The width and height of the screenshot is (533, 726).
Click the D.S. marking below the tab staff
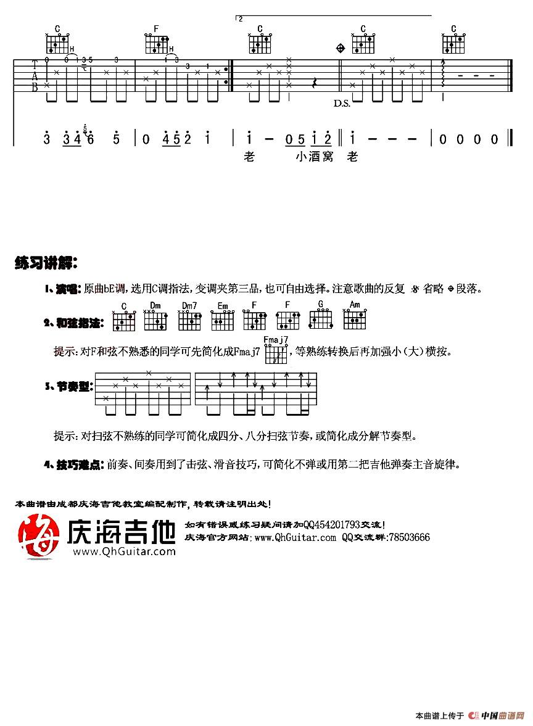pyautogui.click(x=342, y=104)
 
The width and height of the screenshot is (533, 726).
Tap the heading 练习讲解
pyautogui.click(x=46, y=264)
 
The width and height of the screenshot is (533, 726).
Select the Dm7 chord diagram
pyautogui.click(x=189, y=320)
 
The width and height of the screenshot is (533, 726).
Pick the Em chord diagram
pyautogui.click(x=222, y=320)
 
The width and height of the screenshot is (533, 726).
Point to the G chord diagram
pyautogui.click(x=321, y=320)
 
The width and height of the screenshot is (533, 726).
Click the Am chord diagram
pyautogui.click(x=354, y=320)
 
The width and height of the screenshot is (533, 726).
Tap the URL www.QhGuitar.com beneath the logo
pyautogui.click(x=123, y=551)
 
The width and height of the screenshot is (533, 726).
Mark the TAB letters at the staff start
pyautogui.click(x=35, y=75)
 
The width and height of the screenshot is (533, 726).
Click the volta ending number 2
pyautogui.click(x=241, y=19)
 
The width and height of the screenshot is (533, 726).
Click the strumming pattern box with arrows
pyautogui.click(x=255, y=389)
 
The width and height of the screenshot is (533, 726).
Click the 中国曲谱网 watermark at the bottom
pyautogui.click(x=497, y=716)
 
